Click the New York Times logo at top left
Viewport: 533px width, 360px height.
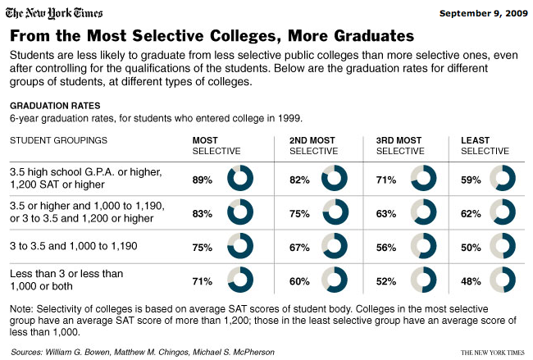click(x=60, y=14)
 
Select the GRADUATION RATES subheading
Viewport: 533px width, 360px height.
click(x=55, y=106)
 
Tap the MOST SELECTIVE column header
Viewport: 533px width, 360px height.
click(x=216, y=146)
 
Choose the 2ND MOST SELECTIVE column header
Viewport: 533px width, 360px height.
click(x=314, y=146)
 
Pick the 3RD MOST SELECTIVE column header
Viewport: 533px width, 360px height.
click(x=400, y=146)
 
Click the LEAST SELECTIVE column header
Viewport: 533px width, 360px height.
click(x=485, y=146)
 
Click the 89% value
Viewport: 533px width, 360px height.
click(x=203, y=180)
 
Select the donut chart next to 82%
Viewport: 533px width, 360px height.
click(x=335, y=179)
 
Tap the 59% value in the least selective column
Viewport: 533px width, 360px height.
click(x=471, y=180)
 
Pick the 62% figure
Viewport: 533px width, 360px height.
click(x=471, y=213)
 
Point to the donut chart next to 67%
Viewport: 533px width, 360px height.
click(x=335, y=246)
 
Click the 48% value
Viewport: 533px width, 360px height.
click(x=471, y=280)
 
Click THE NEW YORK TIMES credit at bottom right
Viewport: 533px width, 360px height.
click(x=490, y=352)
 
